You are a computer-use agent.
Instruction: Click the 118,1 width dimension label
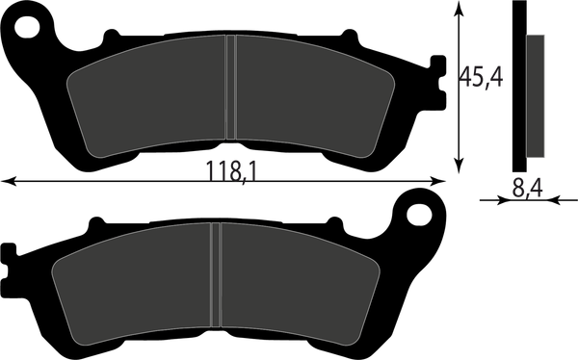click(x=230, y=171)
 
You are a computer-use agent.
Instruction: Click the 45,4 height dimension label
click(x=481, y=77)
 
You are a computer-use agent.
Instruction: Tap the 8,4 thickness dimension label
click(x=527, y=189)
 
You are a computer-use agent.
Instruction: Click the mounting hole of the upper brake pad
click(x=27, y=27)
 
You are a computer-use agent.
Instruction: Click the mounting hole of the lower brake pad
click(x=419, y=214)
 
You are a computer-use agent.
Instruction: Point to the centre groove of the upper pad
click(x=230, y=87)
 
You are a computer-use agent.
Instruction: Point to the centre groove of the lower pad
click(x=216, y=274)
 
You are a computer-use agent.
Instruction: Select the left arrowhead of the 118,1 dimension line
click(x=8, y=181)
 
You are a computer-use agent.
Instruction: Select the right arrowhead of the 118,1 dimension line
click(x=438, y=181)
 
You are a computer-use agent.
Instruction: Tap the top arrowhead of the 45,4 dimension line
click(x=459, y=8)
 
